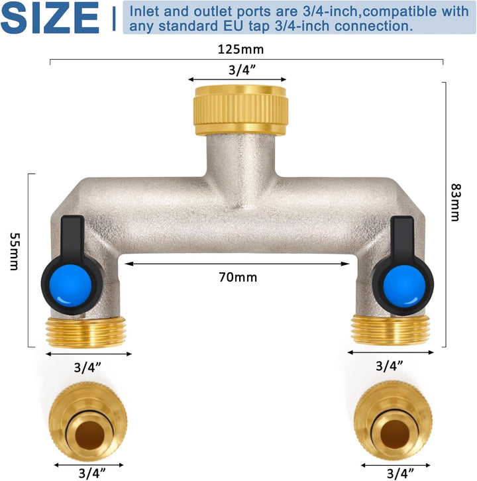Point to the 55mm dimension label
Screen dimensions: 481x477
pos(13,252)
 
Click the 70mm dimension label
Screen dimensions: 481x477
pos(237,278)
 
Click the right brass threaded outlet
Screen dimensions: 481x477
pos(392,329)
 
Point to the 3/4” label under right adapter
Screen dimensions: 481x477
pos(394,473)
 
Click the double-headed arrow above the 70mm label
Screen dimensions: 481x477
pos(237,264)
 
